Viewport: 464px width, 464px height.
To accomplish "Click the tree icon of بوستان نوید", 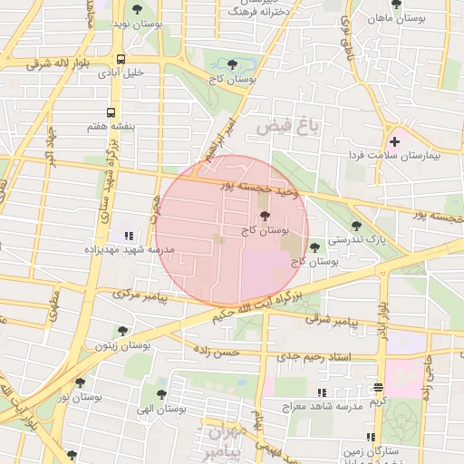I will click(137, 10).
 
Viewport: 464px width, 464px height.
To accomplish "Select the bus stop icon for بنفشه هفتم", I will click(111, 113).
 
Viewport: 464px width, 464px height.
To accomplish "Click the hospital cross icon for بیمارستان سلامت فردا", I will click(394, 141).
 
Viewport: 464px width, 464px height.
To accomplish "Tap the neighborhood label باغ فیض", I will click(288, 128).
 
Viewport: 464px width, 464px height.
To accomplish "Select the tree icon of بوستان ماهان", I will click(396, 5).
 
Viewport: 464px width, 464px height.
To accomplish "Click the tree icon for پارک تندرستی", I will click(356, 226).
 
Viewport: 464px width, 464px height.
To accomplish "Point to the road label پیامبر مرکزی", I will click(140, 295).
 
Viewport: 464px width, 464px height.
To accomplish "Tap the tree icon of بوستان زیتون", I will click(122, 332).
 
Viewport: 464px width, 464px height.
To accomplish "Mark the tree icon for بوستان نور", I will click(80, 383).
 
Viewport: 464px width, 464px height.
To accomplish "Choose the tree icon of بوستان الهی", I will click(160, 395).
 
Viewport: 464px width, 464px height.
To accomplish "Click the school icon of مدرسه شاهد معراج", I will click(321, 392).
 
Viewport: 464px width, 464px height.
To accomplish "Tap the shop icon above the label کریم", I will click(378, 387).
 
